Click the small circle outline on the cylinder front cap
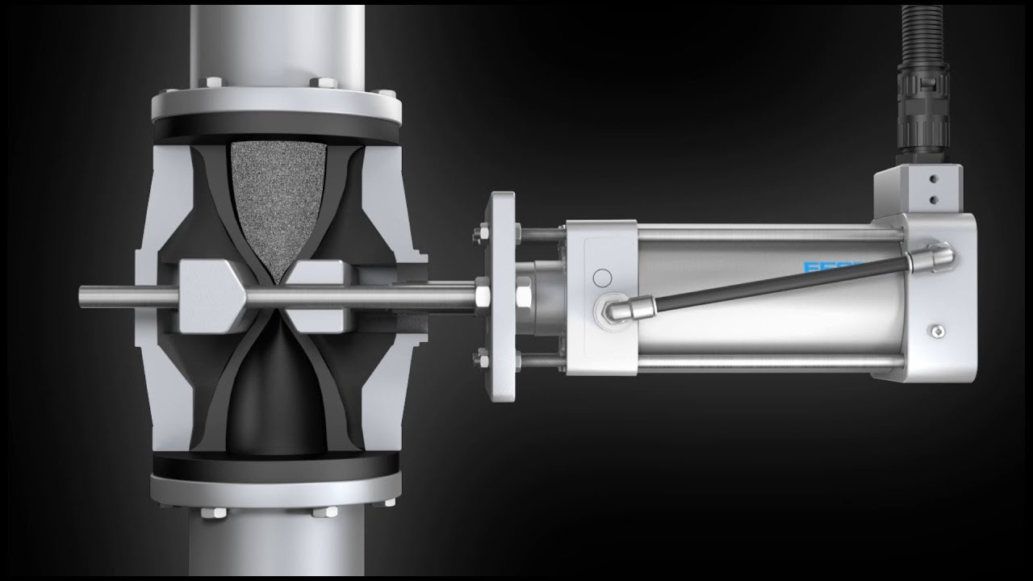(x=602, y=278)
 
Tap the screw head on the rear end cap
(x=937, y=329)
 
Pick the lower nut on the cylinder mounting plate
(x=479, y=355)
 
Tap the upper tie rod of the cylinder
(x=767, y=235)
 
